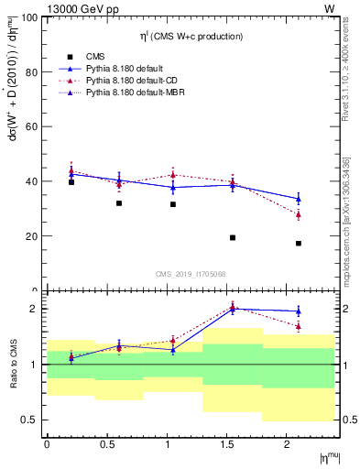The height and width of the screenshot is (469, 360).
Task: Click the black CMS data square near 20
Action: point(233,238)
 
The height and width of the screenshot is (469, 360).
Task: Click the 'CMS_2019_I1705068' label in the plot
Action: point(191,273)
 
